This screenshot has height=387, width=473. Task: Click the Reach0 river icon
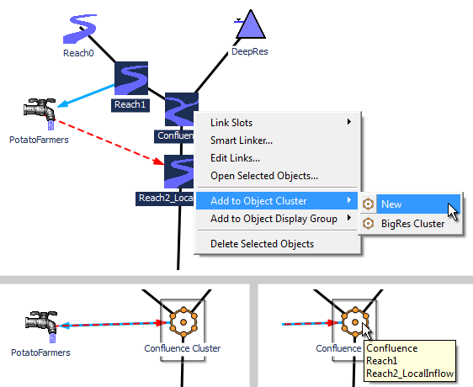(80, 29)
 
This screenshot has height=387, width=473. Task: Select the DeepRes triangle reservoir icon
(250, 24)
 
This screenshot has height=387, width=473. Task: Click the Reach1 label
(130, 104)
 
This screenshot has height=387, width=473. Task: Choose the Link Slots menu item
(231, 123)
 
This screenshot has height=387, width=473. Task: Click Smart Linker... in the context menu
(242, 140)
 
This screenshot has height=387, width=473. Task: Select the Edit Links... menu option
(235, 158)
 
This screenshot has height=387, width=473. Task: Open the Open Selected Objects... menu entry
(264, 176)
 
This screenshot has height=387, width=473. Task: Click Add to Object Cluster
(258, 201)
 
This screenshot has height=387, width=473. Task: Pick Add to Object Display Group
(274, 219)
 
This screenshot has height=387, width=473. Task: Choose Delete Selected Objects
(262, 244)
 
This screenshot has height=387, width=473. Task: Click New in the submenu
(391, 204)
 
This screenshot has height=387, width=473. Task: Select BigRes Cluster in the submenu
(412, 224)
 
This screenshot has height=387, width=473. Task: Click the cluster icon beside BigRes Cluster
(368, 224)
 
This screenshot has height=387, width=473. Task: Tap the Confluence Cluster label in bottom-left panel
(182, 348)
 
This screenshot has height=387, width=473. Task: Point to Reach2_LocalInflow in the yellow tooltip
(410, 374)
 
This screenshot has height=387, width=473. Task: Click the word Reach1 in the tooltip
(381, 361)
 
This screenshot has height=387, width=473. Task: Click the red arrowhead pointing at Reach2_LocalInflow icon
(158, 161)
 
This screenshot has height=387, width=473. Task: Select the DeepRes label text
(249, 51)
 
